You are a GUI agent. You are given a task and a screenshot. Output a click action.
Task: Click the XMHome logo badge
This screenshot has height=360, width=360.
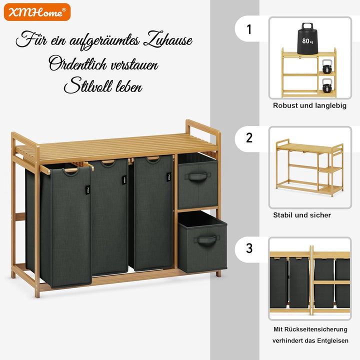(x=37, y=12)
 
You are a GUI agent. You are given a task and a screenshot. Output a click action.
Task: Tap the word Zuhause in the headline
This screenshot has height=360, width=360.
(x=168, y=39)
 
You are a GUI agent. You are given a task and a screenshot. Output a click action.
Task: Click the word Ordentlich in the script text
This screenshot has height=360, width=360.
(x=78, y=63)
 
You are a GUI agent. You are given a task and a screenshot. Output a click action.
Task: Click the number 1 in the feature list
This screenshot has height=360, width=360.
(x=249, y=29)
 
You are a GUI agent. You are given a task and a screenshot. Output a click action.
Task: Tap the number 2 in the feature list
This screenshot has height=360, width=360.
(x=249, y=138)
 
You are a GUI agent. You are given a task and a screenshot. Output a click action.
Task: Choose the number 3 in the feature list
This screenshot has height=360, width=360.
(x=249, y=248)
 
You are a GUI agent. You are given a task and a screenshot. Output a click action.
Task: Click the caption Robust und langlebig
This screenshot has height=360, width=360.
(x=309, y=105)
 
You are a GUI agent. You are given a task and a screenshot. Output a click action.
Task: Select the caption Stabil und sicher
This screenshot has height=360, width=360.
(x=302, y=215)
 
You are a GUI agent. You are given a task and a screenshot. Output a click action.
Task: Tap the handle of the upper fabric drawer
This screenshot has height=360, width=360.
(x=197, y=176)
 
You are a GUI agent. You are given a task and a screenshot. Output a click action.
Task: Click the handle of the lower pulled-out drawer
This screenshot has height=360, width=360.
(x=206, y=240)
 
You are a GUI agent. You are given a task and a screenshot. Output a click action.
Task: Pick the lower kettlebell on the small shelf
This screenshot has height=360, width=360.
(x=326, y=85)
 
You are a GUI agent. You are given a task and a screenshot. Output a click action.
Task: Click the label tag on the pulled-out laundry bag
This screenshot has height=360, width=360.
(x=88, y=190)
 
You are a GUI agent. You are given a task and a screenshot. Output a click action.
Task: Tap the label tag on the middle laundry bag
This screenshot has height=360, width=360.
(x=124, y=180)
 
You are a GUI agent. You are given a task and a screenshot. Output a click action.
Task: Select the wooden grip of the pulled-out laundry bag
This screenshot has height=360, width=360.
(x=67, y=170)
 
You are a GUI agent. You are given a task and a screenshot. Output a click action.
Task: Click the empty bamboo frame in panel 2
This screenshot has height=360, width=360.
(x=309, y=167)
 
